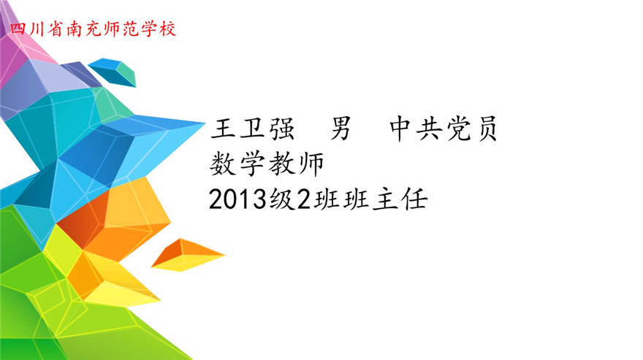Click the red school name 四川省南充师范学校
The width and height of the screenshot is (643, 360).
point(93,28)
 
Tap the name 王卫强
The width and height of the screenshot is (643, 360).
point(252,129)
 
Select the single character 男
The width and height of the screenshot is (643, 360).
point(340,129)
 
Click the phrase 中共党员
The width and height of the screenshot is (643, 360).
point(443,129)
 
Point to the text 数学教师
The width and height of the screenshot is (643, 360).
point(267,164)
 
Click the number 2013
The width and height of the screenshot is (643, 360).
point(237,199)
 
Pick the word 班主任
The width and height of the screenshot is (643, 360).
point(385,199)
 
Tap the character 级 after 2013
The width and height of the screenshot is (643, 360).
point(282,199)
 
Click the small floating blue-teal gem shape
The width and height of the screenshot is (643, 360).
point(112,72)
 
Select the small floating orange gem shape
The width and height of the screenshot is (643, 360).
point(188,255)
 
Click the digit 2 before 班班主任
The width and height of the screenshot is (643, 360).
point(304,199)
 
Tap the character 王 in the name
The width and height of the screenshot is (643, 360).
point(223,129)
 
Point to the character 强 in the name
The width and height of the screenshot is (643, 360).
point(282,129)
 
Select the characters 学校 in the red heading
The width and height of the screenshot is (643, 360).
point(159,28)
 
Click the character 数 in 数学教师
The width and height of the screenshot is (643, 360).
point(223,164)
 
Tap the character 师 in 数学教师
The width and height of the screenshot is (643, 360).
point(312,164)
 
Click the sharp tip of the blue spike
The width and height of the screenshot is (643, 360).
point(205,122)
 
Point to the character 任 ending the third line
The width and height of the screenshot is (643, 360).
point(415,199)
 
